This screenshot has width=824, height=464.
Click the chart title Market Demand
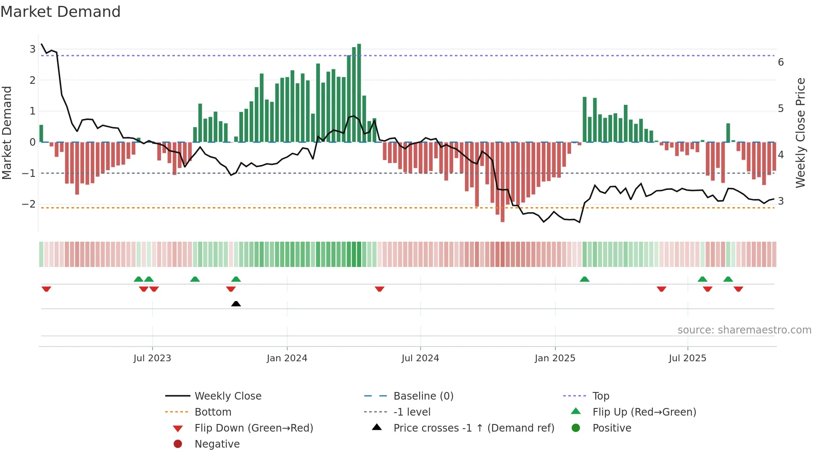61,12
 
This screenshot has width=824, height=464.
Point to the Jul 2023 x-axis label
152,358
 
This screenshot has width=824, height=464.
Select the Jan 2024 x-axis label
287,358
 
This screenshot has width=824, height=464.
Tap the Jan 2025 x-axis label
555,358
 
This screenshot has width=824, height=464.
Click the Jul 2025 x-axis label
688,358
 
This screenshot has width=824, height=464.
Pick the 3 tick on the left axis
32,49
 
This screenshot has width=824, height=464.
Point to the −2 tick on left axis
29,204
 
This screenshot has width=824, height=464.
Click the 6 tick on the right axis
781,62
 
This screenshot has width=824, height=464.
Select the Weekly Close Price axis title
800,133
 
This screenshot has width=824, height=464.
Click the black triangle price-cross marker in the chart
236,304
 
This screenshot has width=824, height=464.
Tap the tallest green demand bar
359,93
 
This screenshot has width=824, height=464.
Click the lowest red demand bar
502,182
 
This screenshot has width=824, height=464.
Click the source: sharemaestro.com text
744,330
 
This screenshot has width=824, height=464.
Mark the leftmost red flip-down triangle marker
46,289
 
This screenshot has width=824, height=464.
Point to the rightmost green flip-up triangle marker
728,279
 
